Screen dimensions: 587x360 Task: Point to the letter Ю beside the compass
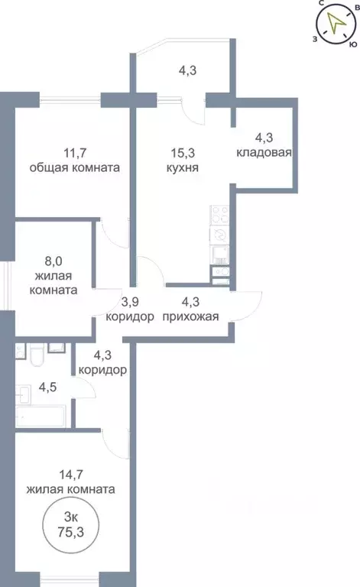352,44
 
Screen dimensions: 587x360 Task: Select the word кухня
181,167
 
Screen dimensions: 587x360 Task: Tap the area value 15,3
181,152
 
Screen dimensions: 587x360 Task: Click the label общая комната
74,167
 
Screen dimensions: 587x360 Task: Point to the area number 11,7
73,152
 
